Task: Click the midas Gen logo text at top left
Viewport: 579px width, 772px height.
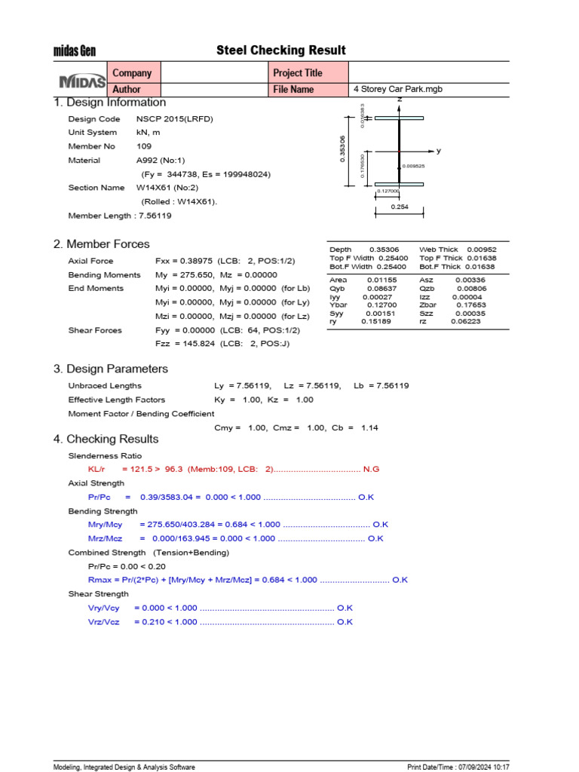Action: [74, 51]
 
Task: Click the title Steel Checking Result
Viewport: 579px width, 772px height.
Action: [280, 51]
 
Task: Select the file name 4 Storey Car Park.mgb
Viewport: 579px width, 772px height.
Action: [398, 89]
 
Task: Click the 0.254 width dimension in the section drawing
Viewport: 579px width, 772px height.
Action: [400, 206]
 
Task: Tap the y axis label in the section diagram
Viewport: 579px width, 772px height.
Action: [439, 151]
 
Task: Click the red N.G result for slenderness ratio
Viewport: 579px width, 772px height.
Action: [371, 469]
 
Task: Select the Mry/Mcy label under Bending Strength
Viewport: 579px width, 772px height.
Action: [106, 524]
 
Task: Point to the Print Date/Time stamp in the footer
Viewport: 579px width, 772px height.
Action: [458, 767]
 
